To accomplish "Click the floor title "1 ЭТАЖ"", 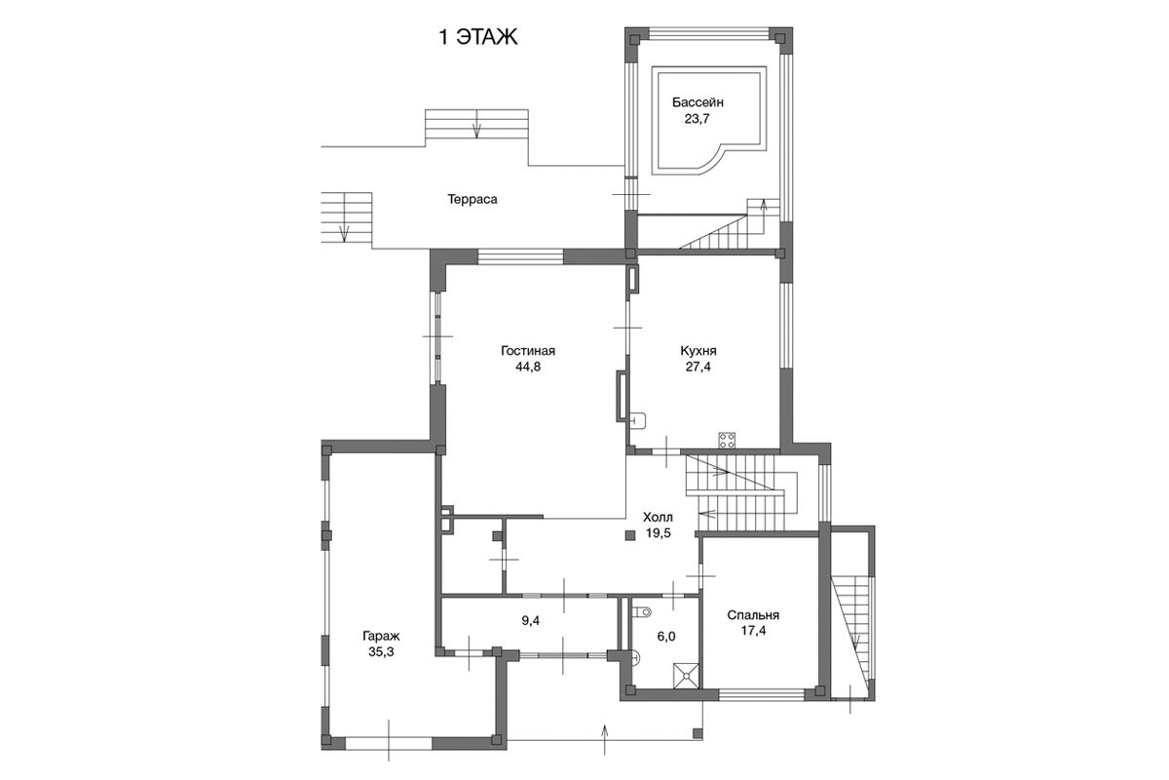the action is (478, 38).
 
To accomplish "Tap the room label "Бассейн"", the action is (698, 102).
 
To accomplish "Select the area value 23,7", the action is (697, 119).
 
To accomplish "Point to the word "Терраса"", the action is (472, 199).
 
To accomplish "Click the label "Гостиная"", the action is (528, 351).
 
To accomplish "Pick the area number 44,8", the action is (528, 367).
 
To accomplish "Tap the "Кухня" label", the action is (698, 351).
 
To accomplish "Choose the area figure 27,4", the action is (698, 367).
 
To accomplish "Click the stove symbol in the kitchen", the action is (727, 440).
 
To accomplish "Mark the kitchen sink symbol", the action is (638, 420).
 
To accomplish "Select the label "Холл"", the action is (658, 517).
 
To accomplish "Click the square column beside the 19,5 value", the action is (630, 535).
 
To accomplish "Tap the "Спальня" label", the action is (753, 615).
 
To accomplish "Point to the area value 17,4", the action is (753, 631).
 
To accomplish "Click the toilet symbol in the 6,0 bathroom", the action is (641, 611).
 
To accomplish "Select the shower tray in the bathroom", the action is (686, 676).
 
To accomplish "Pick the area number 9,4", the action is (530, 621).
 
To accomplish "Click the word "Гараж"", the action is (381, 636).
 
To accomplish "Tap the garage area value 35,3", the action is (381, 652).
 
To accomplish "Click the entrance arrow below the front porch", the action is (605, 739).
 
